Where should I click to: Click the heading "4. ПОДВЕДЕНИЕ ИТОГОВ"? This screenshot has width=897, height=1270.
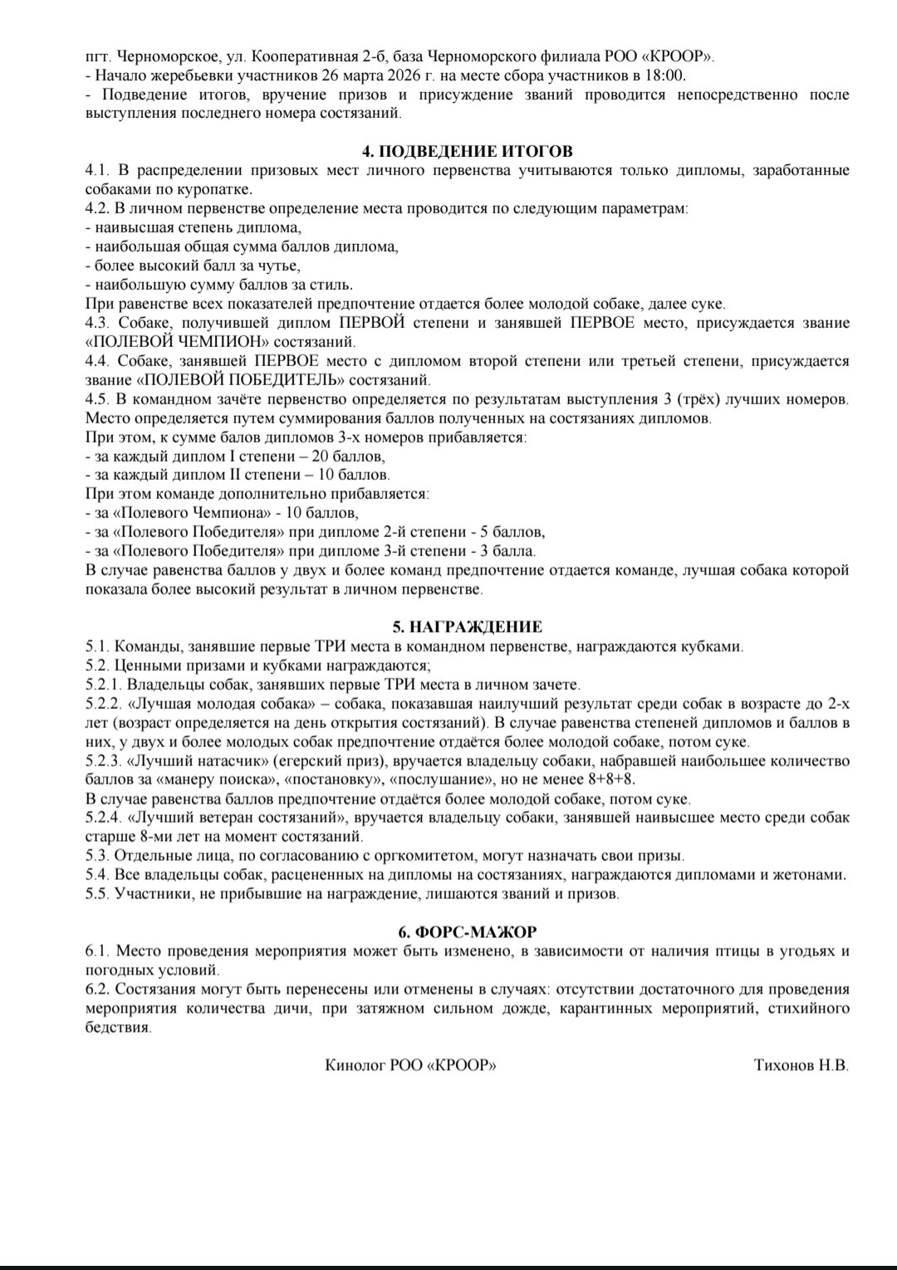coord(468,151)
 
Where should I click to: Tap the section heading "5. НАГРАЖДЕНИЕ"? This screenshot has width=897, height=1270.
coord(468,627)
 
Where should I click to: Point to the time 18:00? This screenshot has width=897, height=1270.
coord(666,76)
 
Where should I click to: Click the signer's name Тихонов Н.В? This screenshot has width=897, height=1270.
coord(801,1065)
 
